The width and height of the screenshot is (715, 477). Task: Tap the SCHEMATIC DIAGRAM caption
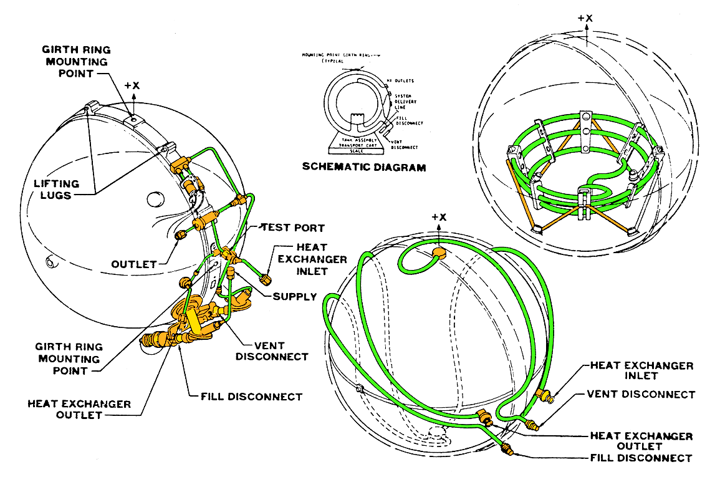(x=364, y=167)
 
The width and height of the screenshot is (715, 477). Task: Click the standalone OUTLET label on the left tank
(x=134, y=264)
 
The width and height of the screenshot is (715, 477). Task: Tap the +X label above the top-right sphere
(x=585, y=18)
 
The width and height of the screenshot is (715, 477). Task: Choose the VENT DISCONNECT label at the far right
(x=641, y=395)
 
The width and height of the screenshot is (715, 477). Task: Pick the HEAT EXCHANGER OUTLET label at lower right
(x=641, y=441)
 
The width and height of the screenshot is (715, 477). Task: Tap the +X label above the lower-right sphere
(x=439, y=217)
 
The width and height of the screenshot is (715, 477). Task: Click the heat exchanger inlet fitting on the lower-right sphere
(x=546, y=394)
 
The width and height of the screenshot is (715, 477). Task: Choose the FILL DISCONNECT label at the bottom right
(x=641, y=458)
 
